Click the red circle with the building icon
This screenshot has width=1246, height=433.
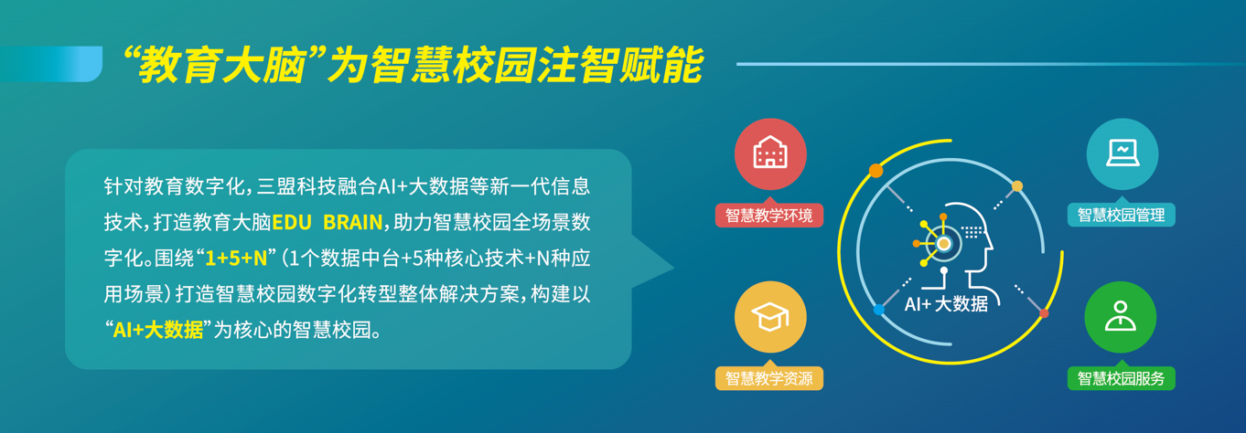pyautogui.click(x=770, y=153)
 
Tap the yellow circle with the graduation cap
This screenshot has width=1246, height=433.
pyautogui.click(x=770, y=317)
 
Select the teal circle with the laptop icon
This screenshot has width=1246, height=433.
pyautogui.click(x=1122, y=153)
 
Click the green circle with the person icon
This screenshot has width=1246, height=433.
pyautogui.click(x=1121, y=317)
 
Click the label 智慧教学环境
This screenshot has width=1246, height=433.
pyautogui.click(x=768, y=216)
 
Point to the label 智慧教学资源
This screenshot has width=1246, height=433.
pyautogui.click(x=768, y=378)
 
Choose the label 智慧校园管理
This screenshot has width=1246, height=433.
pyautogui.click(x=1121, y=216)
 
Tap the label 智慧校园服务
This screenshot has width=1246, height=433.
pyautogui.click(x=1121, y=378)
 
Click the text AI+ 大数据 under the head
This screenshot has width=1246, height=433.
pyautogui.click(x=946, y=303)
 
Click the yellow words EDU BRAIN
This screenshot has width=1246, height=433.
pyautogui.click(x=328, y=222)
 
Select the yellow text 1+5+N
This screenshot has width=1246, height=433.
pyautogui.click(x=236, y=259)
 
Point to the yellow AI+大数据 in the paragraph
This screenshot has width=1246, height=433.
pyautogui.click(x=158, y=330)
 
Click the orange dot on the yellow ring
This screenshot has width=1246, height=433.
pyautogui.click(x=875, y=171)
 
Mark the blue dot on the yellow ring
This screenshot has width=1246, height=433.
pyautogui.click(x=879, y=309)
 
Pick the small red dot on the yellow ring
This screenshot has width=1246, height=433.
pyautogui.click(x=1044, y=313)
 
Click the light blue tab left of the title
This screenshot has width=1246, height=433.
pyautogui.click(x=51, y=64)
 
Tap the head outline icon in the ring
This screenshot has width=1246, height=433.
pyautogui.click(x=954, y=246)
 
